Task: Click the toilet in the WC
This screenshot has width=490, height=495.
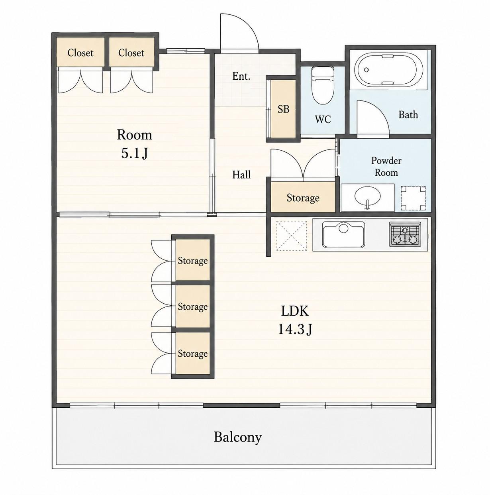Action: tap(322, 85)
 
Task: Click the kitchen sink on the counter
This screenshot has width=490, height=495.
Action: tap(343, 234)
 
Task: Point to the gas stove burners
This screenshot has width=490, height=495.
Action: tap(405, 234)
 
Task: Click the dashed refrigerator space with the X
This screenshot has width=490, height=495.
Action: tap(292, 236)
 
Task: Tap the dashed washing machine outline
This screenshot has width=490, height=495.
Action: tap(413, 198)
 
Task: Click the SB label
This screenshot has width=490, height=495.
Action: tap(283, 110)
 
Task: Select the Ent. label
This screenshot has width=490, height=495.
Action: tap(241, 76)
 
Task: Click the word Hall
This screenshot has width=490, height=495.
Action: tap(241, 175)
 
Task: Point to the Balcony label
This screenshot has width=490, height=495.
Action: tap(237, 437)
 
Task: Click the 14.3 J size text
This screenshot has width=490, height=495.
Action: tap(295, 330)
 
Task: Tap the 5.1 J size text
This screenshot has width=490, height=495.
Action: tap(134, 153)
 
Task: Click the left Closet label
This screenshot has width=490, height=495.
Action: tap(80, 53)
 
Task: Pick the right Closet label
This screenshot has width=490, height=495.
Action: tap(131, 53)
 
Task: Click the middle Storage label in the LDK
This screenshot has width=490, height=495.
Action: tap(192, 307)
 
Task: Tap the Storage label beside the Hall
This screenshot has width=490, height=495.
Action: tap(303, 198)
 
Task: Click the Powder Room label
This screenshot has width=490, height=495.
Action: tap(386, 167)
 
